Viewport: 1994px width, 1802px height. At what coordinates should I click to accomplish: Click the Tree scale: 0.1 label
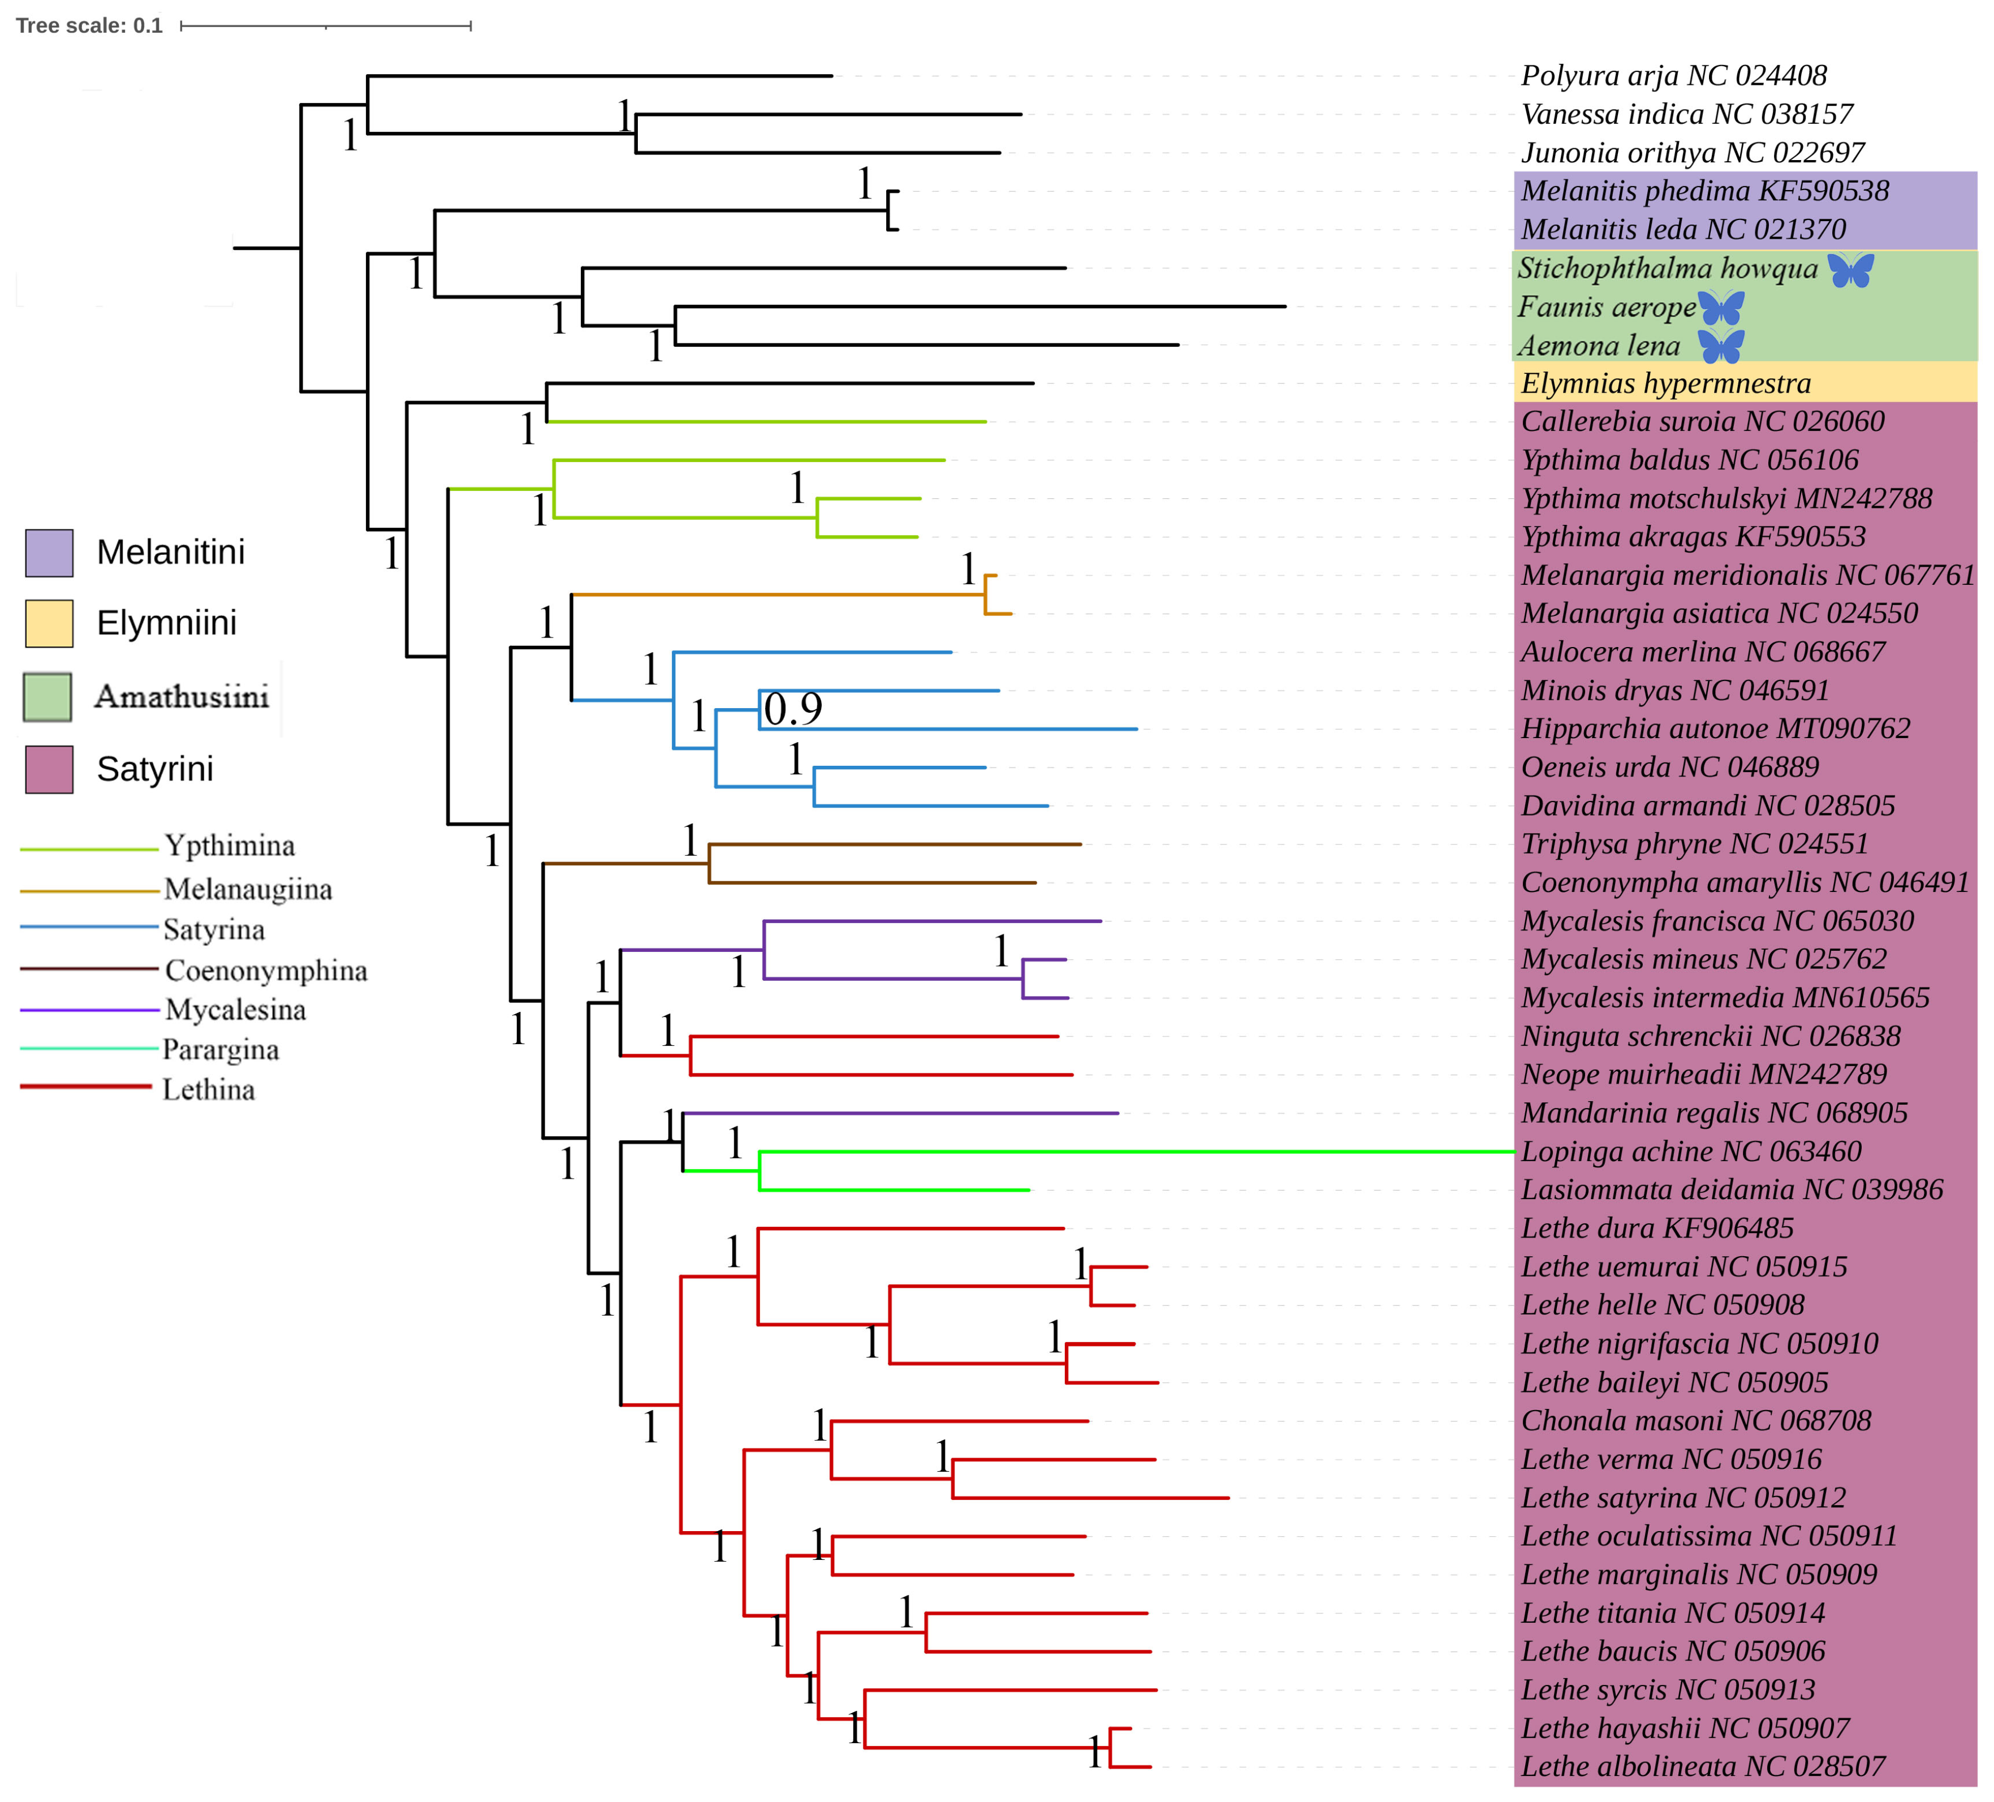89,25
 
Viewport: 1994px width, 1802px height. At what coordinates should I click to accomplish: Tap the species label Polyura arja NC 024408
1673,76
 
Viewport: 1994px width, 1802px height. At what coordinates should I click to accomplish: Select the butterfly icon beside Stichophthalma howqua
1850,269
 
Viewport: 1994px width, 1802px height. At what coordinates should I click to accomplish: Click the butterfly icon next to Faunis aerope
1721,308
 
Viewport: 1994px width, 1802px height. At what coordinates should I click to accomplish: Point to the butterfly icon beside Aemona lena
1721,346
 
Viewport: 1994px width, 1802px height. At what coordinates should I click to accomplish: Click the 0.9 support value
793,709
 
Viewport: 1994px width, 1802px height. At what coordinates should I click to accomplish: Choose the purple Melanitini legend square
49,553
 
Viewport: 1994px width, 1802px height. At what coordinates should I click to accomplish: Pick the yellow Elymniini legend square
49,623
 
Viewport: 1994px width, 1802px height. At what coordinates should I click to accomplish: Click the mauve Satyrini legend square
49,769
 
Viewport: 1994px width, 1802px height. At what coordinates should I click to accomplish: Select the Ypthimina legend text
230,846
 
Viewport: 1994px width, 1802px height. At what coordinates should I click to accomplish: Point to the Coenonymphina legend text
266,970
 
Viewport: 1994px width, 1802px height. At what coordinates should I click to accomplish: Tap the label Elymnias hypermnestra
1665,383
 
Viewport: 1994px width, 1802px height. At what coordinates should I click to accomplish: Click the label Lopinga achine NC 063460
1690,1151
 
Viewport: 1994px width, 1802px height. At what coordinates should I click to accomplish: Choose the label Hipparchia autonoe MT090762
1715,729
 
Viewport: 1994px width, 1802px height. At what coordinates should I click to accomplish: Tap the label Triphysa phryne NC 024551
1694,844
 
